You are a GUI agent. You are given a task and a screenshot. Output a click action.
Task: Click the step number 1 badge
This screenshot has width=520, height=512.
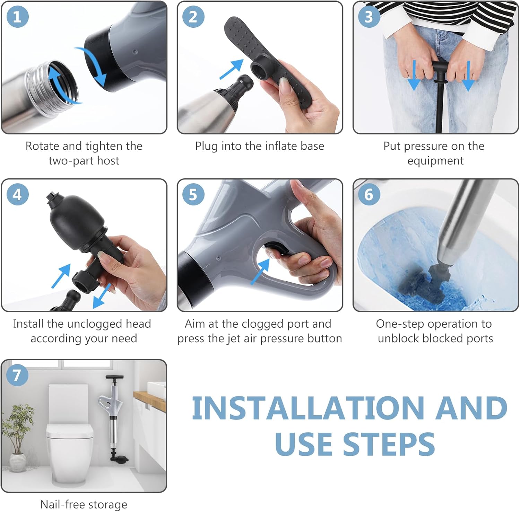tap(17, 17)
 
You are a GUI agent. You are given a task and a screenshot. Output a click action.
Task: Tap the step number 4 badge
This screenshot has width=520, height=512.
tap(17, 194)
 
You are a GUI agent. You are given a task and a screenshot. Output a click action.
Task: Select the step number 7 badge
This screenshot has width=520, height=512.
tap(17, 375)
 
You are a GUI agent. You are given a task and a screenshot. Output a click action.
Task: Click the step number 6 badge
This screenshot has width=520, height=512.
tap(369, 194)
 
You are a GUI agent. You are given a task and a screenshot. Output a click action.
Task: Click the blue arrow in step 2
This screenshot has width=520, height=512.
tap(232, 69)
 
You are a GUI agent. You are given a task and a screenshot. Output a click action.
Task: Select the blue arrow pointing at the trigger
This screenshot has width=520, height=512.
tap(260, 271)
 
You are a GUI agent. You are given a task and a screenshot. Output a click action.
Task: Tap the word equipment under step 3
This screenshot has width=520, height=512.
tap(435, 161)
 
